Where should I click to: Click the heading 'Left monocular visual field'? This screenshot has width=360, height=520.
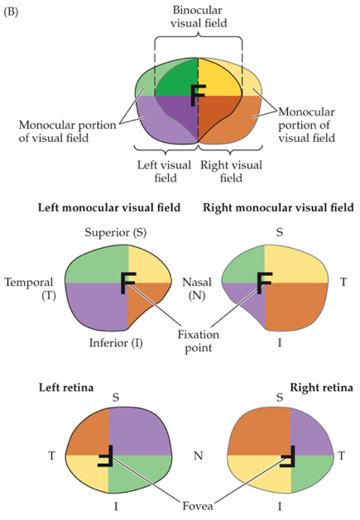tap(108, 208)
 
